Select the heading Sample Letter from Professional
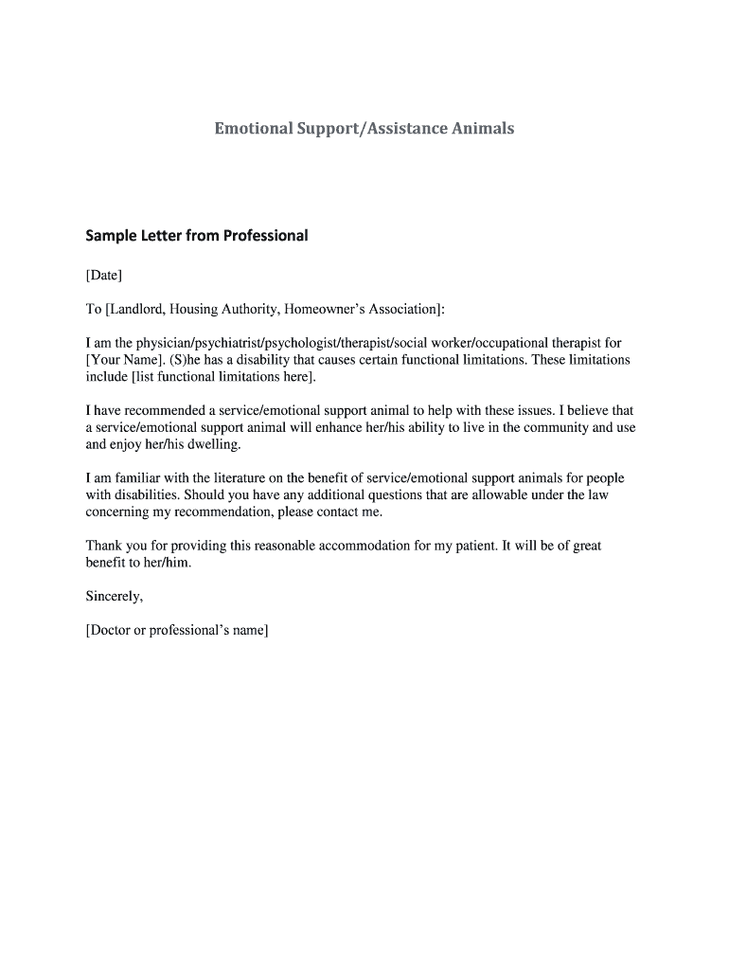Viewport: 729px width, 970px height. click(x=197, y=236)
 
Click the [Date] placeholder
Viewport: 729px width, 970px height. click(x=104, y=276)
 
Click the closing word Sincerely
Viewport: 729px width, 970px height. click(x=115, y=597)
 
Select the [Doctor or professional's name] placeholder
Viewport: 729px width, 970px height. click(x=178, y=630)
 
